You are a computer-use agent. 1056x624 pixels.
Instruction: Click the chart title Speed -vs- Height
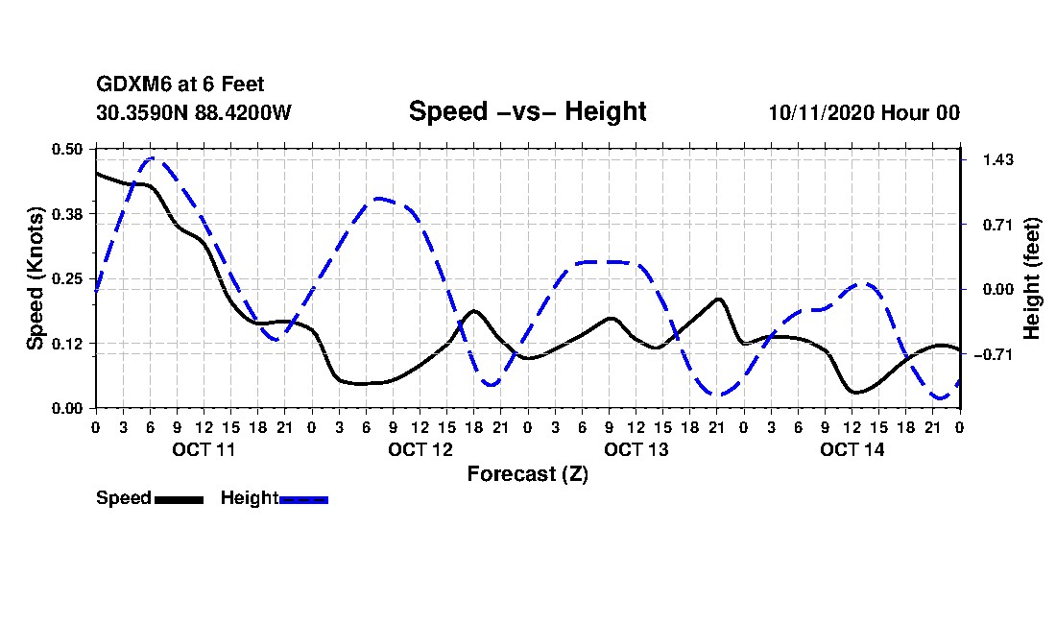point(527,111)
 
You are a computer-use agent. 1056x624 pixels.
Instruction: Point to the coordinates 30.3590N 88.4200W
point(193,112)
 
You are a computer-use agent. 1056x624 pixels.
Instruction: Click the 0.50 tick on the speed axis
point(68,149)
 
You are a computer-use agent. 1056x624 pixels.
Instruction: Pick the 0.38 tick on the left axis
point(68,213)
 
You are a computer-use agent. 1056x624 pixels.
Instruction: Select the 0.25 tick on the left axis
point(68,278)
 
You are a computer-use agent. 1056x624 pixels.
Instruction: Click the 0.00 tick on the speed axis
point(68,408)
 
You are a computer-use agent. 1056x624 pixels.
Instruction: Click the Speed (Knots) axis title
point(36,277)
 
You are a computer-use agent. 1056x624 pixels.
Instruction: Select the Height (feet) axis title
point(1033,277)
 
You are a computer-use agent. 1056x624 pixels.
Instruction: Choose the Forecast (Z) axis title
point(527,473)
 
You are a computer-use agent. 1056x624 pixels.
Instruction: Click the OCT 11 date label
point(204,449)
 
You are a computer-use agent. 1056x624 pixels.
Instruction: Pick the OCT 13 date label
point(636,449)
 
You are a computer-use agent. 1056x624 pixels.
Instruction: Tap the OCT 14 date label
point(852,449)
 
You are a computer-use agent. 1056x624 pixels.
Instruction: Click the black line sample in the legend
point(178,499)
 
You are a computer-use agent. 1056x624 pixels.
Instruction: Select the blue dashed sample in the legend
point(303,499)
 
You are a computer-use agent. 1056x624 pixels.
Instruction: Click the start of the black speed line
point(96,173)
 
